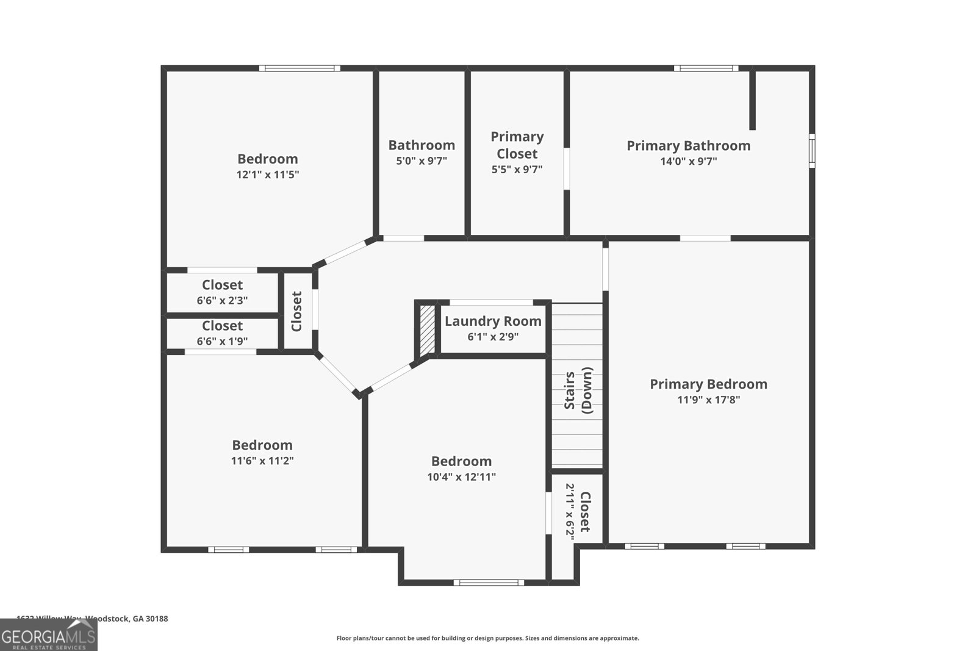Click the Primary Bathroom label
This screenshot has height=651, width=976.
pos(688,146)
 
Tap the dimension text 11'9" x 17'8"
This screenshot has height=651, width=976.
pos(708,400)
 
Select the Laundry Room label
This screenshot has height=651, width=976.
pos(493,321)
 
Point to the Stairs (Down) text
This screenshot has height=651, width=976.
pos(578,391)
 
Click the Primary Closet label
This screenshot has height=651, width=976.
pos(517,145)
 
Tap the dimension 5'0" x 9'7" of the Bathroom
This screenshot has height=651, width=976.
pos(422,161)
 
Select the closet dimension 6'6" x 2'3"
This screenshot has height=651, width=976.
pos(222,301)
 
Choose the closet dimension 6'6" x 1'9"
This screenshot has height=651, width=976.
pos(222,342)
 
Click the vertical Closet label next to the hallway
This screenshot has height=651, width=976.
pos(297,311)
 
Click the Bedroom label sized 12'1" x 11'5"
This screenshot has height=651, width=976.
pos(267,159)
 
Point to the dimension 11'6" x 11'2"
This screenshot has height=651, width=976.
pos(262,461)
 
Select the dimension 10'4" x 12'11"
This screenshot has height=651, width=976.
pos(461,477)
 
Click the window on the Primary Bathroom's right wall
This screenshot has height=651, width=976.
pos(812,151)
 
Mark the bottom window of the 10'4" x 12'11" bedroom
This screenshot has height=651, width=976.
pos(492,583)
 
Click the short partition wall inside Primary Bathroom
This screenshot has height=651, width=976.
pos(752,100)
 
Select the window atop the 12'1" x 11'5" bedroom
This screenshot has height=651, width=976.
pos(300,68)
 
